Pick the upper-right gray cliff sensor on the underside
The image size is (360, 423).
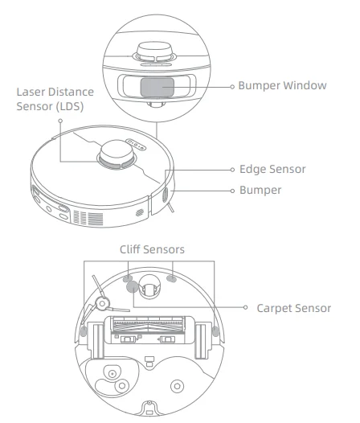coord(170,279)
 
